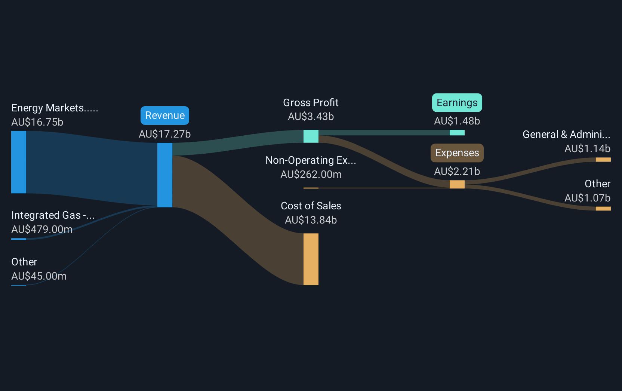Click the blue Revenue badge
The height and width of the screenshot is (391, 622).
pos(164,116)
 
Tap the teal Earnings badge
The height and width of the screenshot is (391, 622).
pos(457,103)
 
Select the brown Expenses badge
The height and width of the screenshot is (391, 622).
pos(457,153)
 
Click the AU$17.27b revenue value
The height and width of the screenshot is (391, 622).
pos(164,134)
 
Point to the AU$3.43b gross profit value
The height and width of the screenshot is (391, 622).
pos(311,117)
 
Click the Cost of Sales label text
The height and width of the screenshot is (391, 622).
pos(311,206)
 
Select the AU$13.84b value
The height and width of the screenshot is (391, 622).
pos(311,220)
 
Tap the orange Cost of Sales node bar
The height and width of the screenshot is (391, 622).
pos(311,259)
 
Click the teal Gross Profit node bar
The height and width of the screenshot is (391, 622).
pos(311,136)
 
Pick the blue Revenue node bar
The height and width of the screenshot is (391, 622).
pos(164,175)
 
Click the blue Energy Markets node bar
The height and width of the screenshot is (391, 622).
pos(19,162)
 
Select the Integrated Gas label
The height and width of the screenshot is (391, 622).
pos(53,215)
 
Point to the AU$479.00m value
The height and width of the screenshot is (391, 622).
pos(42,230)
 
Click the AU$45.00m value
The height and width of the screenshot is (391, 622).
pos(39,276)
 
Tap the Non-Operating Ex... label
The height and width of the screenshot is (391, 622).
pos(311,160)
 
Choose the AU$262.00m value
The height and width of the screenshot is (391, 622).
pos(311,175)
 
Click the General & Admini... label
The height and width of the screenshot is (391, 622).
pos(566,135)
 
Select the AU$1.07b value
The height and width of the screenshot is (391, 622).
pos(587,198)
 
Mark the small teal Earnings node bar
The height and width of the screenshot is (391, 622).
pos(457,133)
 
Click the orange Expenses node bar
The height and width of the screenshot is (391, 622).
pos(457,184)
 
